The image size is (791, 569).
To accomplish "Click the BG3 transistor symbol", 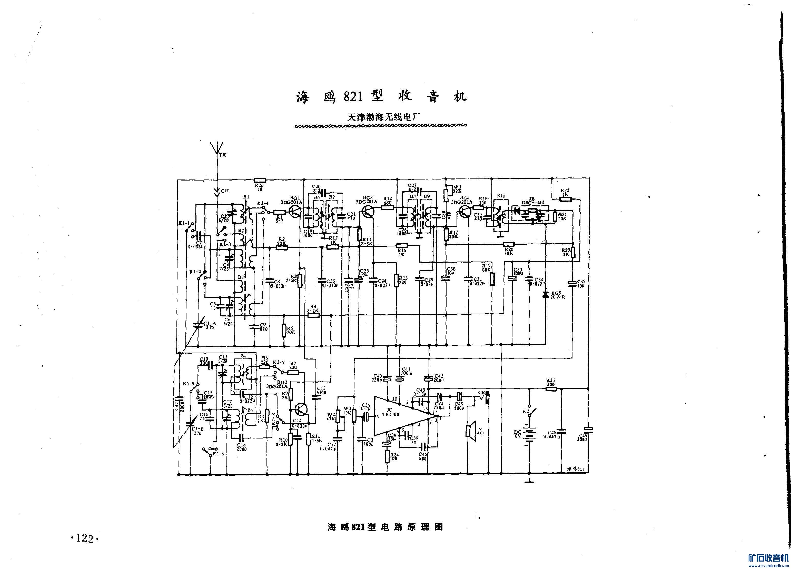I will tap(368, 211).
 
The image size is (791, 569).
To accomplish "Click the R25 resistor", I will tap(551, 389).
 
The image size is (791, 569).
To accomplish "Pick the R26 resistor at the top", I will tap(260, 180).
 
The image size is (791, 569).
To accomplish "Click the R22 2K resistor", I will tap(565, 199).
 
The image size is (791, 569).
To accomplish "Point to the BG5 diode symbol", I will tap(545, 295).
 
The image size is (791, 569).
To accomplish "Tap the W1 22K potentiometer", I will tap(446, 195).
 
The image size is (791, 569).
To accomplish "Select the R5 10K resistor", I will tap(284, 331).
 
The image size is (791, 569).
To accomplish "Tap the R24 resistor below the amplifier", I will tap(387, 457).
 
